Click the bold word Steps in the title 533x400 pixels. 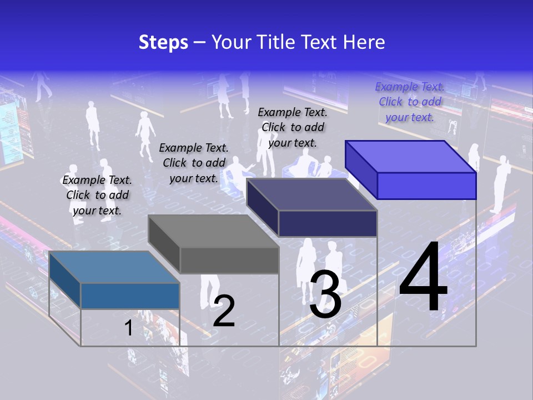[163, 42]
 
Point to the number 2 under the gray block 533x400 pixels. [224, 311]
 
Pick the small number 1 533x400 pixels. [129, 328]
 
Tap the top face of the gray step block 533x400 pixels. [213, 231]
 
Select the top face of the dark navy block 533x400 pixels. [311, 194]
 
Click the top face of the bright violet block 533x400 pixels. [410, 157]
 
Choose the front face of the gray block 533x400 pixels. [229, 260]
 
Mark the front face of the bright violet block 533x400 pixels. [426, 186]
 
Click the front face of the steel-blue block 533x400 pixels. [130, 296]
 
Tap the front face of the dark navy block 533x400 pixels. [328, 223]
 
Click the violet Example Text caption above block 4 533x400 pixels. [410, 102]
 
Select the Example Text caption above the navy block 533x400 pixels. [293, 127]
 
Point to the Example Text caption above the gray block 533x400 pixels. [194, 163]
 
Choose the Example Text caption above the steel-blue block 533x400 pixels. [97, 195]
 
